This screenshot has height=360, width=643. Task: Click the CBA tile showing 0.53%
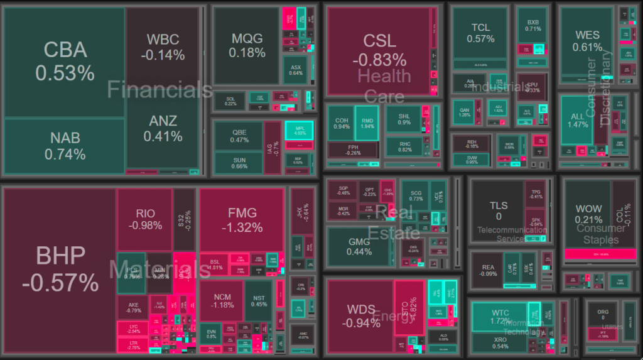click(x=65, y=61)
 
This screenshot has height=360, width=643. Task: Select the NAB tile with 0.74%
click(x=65, y=146)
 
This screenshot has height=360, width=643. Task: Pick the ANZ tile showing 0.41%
click(x=163, y=128)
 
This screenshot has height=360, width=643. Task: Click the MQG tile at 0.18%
click(x=246, y=45)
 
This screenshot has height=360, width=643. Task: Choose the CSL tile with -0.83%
click(x=380, y=50)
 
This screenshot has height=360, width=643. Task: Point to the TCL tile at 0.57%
click(x=480, y=33)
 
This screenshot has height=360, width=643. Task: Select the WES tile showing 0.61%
click(x=587, y=41)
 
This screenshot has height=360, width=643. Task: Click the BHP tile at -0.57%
click(x=60, y=269)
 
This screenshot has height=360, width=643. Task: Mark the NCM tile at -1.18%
click(x=224, y=300)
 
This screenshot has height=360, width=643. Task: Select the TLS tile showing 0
click(x=499, y=210)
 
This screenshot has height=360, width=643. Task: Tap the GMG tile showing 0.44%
click(x=359, y=246)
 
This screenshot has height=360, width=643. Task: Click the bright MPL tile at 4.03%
click(x=300, y=130)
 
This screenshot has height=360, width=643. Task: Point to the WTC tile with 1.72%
click(x=500, y=317)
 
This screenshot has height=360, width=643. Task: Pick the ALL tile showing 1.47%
click(x=577, y=121)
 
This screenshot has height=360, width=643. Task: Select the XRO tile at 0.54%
click(x=500, y=342)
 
